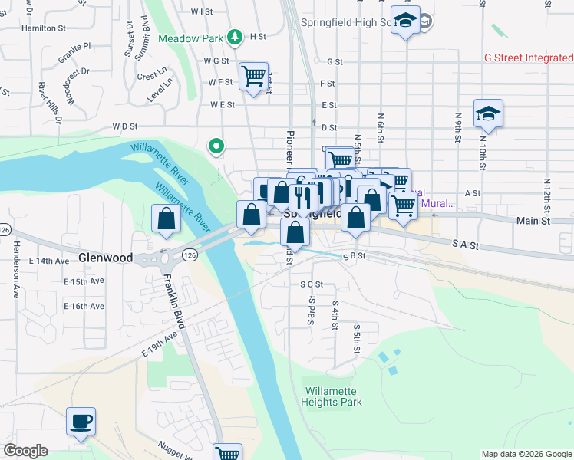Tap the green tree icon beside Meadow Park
click(236, 37)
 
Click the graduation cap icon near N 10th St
click(487, 114)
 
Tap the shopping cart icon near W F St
click(253, 77)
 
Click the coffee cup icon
click(81, 421)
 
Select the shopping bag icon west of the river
click(166, 219)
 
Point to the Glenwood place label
click(105, 258)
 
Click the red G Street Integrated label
click(529, 58)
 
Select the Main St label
click(534, 221)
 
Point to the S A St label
click(465, 245)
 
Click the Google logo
click(25, 451)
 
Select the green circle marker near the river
click(217, 145)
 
